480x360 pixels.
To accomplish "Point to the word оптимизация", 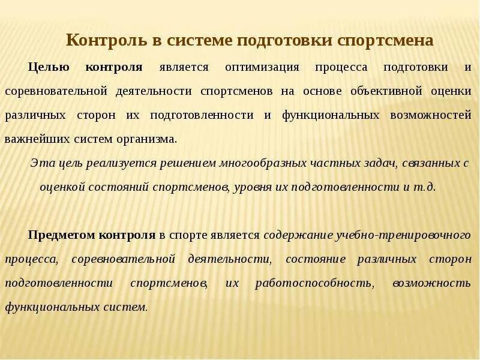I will [x=262, y=67].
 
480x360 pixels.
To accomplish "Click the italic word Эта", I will [x=42, y=163].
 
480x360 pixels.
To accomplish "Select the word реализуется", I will [x=104, y=163].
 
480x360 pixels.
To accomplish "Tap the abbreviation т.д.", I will [x=426, y=187].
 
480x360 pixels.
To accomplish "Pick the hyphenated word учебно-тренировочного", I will [x=400, y=235].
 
